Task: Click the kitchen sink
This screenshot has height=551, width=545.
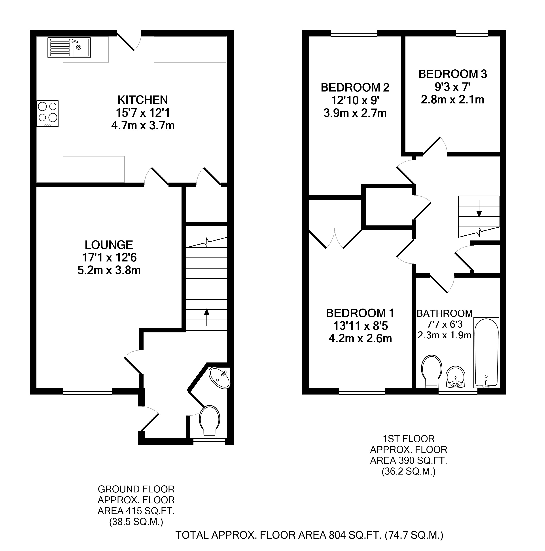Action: tap(69, 47)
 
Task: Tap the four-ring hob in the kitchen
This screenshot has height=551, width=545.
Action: tap(47, 113)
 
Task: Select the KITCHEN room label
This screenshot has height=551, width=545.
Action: tap(143, 100)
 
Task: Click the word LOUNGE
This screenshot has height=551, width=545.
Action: tap(109, 245)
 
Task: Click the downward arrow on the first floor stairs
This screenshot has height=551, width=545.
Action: tap(479, 209)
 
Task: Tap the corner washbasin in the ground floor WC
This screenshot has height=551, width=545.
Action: tap(220, 378)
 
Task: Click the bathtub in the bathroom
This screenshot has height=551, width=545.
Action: tap(486, 353)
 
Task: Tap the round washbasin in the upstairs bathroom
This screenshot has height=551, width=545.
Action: tap(456, 377)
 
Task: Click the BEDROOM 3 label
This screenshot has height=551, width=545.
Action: tap(453, 74)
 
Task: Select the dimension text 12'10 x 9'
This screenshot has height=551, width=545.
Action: tap(355, 100)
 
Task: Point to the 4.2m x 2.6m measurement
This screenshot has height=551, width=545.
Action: tap(360, 339)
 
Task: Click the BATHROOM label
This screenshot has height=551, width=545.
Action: tap(445, 313)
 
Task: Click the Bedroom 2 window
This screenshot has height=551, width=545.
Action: tap(354, 33)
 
